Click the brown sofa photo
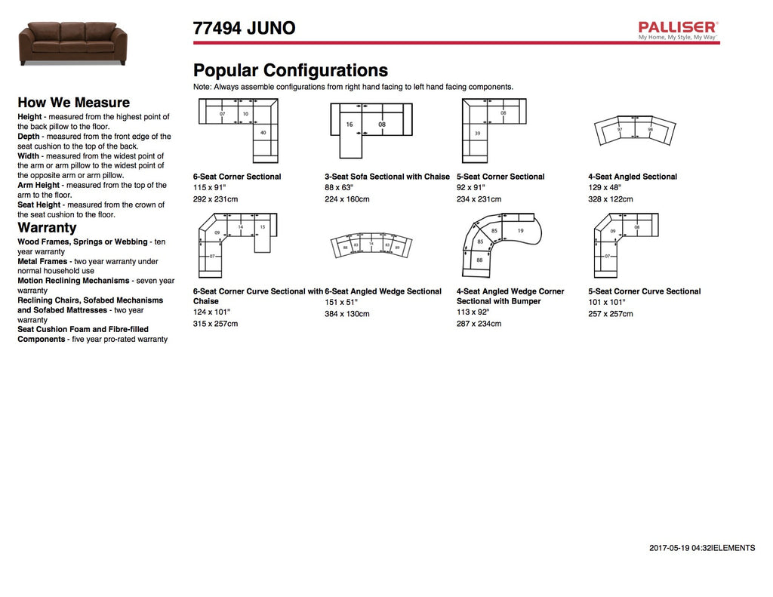(72, 43)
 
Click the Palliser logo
(678, 30)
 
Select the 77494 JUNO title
(244, 29)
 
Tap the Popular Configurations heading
(291, 71)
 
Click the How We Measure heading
(73, 103)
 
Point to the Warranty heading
(47, 227)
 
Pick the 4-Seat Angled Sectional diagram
(634, 131)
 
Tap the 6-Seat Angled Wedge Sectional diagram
(371, 246)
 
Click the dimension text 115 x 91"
(211, 187)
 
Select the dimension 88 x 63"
(340, 187)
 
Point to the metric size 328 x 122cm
(611, 199)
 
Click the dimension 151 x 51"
(341, 302)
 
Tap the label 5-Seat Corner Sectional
(500, 177)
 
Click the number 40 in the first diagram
(263, 133)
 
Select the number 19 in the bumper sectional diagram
(520, 229)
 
